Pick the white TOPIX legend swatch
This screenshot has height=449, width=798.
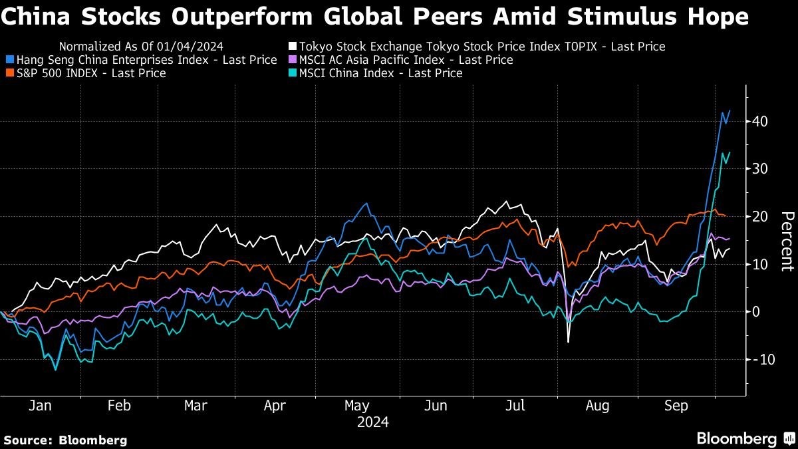pos(292,47)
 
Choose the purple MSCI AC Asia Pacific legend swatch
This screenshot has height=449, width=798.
pos(292,60)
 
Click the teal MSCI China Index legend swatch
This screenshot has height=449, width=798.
pos(292,73)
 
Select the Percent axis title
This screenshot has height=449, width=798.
pos(787,241)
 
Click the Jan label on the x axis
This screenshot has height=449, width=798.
pos(40,406)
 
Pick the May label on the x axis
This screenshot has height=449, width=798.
pos(357,406)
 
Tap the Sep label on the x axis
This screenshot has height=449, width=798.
pos(675,406)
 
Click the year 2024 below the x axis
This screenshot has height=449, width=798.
pos(373,422)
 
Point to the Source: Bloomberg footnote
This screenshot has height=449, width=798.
pos(65,440)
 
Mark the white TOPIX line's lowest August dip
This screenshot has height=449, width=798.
pos(568,342)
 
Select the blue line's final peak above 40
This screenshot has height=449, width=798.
pos(730,110)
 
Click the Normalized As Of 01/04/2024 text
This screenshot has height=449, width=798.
pos(140,47)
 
